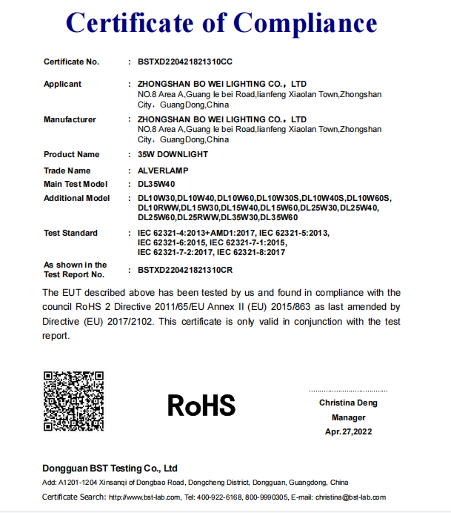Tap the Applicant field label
pyautogui.click(x=63, y=84)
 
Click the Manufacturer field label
pyautogui.click(x=70, y=119)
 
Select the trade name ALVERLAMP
pyautogui.click(x=164, y=171)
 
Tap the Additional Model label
pyautogui.click(x=77, y=198)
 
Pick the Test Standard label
pyautogui.click(x=70, y=233)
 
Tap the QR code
pyautogui.click(x=73, y=401)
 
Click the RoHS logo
pyautogui.click(x=201, y=405)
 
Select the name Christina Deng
pyautogui.click(x=348, y=403)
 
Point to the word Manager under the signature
pyautogui.click(x=348, y=417)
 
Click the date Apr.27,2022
pyautogui.click(x=348, y=431)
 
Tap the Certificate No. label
pyautogui.click(x=71, y=62)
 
